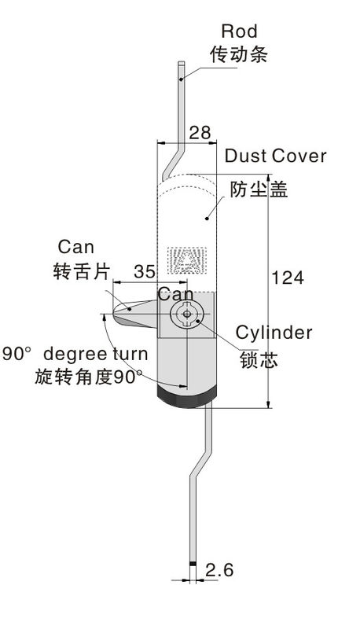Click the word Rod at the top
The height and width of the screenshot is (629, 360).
tap(239, 31)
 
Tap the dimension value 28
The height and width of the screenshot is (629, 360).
tap(200, 133)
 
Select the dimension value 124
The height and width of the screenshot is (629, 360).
tap(288, 278)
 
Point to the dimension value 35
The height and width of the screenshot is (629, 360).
tap(145, 271)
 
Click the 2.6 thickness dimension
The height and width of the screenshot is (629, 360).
tap(219, 570)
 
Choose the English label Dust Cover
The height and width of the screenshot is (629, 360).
tap(276, 156)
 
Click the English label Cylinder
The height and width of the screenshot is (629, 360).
tap(274, 333)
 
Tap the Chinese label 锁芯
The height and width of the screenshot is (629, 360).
tap(259, 359)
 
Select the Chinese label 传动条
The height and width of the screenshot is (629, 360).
tap(239, 54)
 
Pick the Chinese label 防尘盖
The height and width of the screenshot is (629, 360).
tap(259, 189)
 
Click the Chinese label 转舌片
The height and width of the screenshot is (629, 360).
tap(81, 271)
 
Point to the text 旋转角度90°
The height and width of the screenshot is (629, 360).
tap(88, 377)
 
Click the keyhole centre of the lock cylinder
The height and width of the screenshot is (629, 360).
tap(187, 314)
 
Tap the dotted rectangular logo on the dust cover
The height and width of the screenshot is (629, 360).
tap(186, 260)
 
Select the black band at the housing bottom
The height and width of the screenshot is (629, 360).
tap(187, 396)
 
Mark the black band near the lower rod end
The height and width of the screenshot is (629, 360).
tap(193, 564)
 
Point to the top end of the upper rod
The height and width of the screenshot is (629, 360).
tap(182, 62)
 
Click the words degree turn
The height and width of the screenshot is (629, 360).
tap(95, 355)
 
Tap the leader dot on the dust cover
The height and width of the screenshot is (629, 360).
tap(207, 219)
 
